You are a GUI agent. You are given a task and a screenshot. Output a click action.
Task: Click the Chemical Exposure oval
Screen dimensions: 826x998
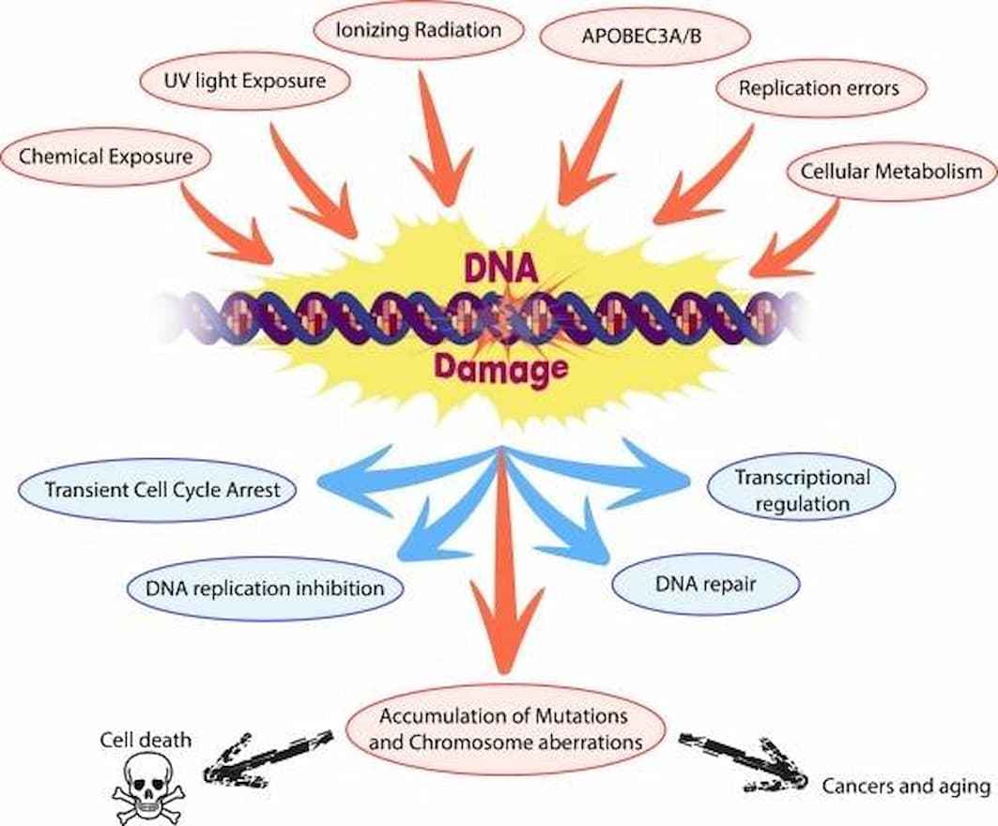click(x=105, y=156)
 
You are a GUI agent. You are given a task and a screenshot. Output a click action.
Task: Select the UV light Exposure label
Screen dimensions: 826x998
click(x=244, y=81)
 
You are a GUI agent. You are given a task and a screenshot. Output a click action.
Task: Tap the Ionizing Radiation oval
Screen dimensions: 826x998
click(x=419, y=31)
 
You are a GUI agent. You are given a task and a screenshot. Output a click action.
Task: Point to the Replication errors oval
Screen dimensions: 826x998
click(x=819, y=89)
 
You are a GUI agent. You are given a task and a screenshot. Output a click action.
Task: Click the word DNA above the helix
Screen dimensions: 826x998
click(x=500, y=268)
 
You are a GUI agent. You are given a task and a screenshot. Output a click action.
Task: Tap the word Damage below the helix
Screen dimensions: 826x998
click(x=499, y=368)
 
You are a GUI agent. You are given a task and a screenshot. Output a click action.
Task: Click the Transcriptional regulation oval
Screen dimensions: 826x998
click(x=802, y=490)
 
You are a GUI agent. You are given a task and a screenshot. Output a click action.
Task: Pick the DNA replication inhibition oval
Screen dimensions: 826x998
click(x=265, y=589)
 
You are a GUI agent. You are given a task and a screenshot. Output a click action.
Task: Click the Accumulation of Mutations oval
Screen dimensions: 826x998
click(x=506, y=728)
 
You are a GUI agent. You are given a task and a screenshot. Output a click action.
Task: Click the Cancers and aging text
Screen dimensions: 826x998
click(x=907, y=786)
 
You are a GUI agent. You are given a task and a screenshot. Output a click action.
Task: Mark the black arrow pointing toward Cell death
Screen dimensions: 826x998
click(x=268, y=756)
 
